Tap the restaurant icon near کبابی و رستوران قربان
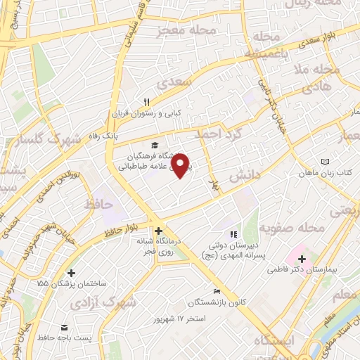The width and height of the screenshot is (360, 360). [x=148, y=101]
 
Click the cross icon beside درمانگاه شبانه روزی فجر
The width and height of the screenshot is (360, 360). [x=159, y=230]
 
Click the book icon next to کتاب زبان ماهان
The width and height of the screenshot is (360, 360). [x=324, y=162]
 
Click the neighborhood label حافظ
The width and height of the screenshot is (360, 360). [x=98, y=204]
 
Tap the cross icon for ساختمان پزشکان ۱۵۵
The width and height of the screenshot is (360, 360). [x=70, y=273]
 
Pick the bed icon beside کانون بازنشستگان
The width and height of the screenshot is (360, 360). [x=216, y=292]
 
